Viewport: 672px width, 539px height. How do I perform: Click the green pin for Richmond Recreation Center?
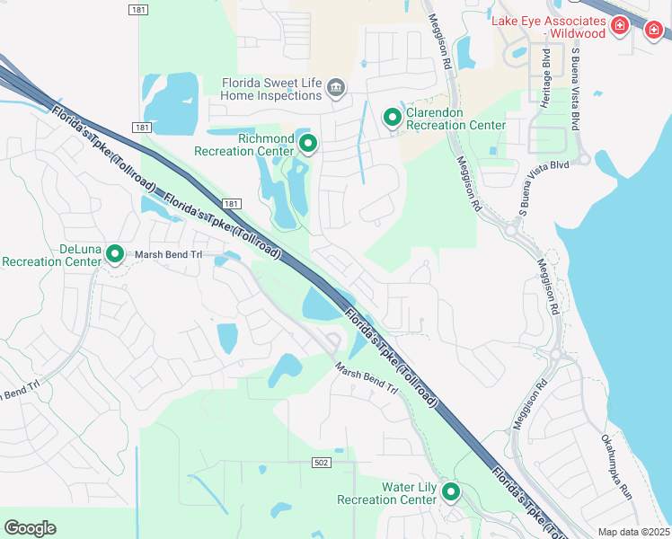tap(308, 144)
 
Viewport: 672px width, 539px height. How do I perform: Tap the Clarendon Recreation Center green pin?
tap(393, 117)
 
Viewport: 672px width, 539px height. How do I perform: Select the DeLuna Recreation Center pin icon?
tap(115, 254)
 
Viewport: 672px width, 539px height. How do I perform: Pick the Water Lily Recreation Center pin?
tap(450, 491)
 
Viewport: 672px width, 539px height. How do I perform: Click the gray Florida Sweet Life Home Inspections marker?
tap(335, 87)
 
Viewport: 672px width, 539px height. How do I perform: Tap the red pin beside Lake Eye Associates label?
tap(618, 26)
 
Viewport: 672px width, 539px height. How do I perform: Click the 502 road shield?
tap(321, 462)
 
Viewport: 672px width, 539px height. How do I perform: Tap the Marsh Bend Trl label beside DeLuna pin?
tap(170, 254)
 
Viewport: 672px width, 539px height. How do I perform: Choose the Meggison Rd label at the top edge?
tap(440, 36)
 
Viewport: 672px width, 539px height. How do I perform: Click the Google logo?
tap(30, 527)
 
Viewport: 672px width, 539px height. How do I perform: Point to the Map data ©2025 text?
tap(633, 532)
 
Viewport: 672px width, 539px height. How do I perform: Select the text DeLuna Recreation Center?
tap(51, 255)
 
